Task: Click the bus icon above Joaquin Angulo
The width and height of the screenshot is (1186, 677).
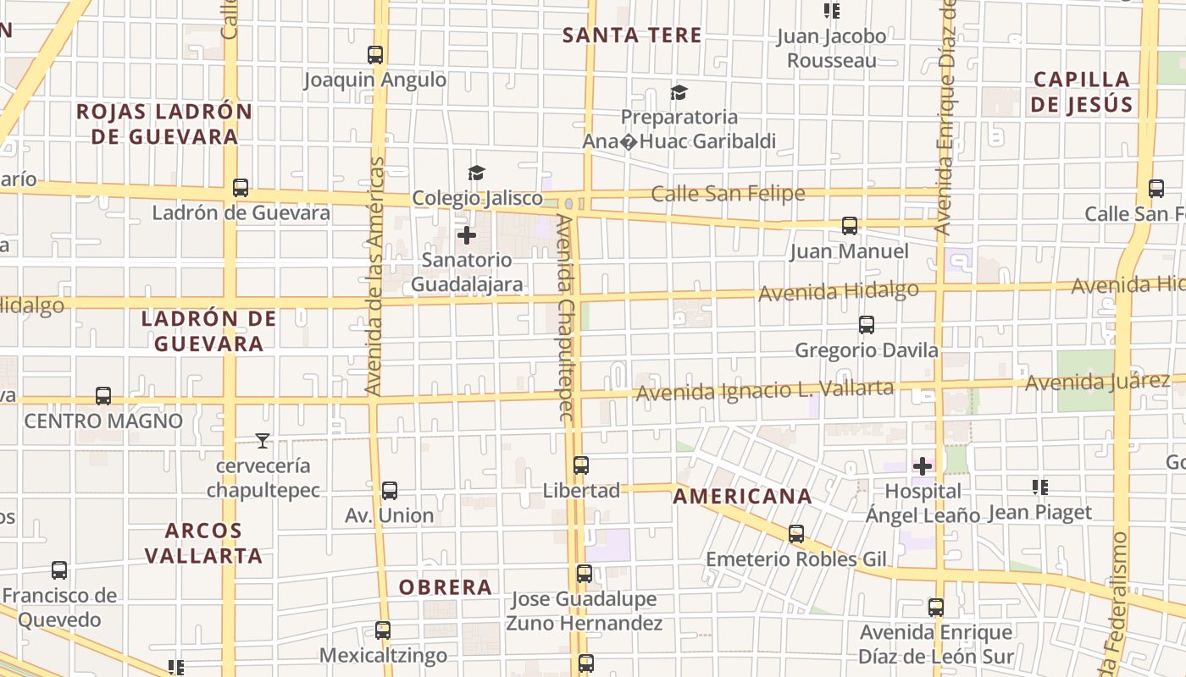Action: click(x=375, y=55)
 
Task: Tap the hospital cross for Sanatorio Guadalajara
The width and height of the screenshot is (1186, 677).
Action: click(x=467, y=235)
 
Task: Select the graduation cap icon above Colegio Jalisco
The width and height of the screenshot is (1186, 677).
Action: click(x=476, y=173)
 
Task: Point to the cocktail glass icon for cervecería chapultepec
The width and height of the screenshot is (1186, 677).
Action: click(x=263, y=440)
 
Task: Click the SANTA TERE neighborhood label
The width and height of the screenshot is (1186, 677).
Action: click(x=632, y=36)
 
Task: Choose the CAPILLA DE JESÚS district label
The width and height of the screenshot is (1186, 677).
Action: click(x=1083, y=92)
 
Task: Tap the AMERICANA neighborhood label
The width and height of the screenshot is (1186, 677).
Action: click(x=742, y=497)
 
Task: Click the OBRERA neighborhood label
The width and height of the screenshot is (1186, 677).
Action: click(x=446, y=587)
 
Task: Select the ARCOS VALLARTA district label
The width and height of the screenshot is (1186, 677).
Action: click(x=203, y=543)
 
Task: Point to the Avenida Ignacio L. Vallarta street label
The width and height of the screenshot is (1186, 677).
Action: click(x=765, y=390)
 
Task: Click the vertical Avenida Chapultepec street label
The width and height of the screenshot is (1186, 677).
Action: click(x=566, y=317)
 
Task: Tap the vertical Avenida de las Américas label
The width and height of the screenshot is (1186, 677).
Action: click(x=374, y=276)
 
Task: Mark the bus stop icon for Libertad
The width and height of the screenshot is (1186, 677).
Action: click(x=581, y=465)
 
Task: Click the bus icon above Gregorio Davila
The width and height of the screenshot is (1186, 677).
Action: click(x=866, y=325)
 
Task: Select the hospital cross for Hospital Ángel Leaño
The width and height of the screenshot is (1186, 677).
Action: click(x=923, y=465)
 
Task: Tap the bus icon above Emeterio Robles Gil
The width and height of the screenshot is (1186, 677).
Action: click(x=795, y=534)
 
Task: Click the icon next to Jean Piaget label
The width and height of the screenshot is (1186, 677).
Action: click(x=1040, y=487)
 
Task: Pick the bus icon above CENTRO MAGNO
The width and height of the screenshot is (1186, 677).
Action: click(x=103, y=396)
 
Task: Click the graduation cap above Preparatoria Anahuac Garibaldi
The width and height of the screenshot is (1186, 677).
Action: click(x=679, y=92)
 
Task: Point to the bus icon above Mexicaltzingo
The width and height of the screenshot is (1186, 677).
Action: click(x=383, y=630)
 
